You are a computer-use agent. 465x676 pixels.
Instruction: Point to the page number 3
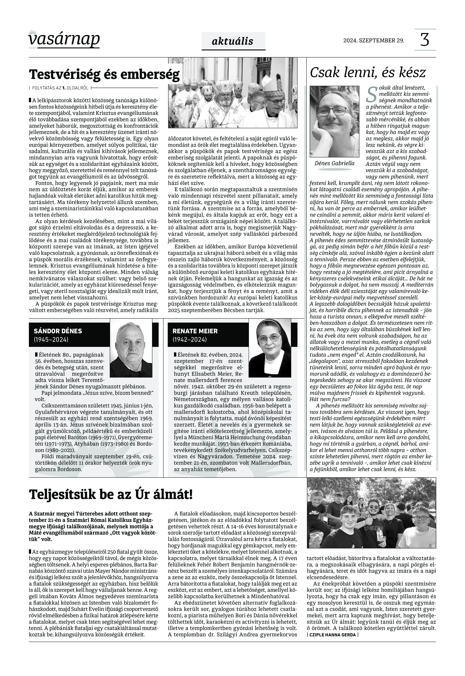tap(425, 40)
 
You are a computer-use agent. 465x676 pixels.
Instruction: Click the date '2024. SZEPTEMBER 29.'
tap(374, 40)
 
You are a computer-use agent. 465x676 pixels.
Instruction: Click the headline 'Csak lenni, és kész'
tap(368, 72)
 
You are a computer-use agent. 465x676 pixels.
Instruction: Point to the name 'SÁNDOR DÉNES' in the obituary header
tap(58, 331)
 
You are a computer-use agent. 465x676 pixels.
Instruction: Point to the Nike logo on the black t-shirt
tap(313, 512)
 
